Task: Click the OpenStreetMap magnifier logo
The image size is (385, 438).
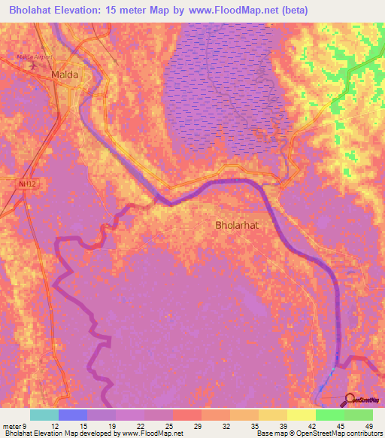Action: click(x=351, y=400)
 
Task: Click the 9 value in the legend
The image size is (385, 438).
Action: click(x=23, y=425)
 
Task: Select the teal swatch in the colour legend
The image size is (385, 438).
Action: click(x=44, y=415)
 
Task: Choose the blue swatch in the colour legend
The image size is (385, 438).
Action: click(x=73, y=415)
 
